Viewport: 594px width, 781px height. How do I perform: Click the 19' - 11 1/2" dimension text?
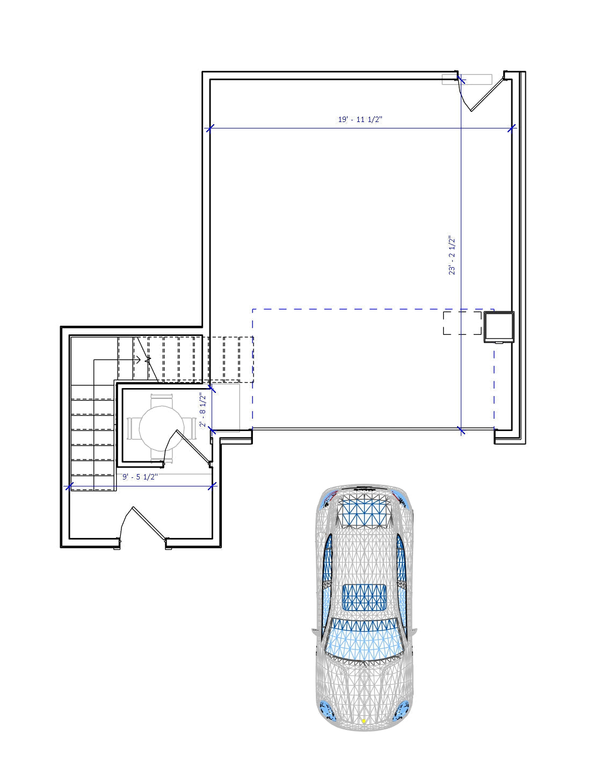coord(359,119)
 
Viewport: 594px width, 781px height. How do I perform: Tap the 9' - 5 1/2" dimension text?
coord(140,477)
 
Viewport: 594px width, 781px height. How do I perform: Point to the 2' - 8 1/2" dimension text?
coord(203,410)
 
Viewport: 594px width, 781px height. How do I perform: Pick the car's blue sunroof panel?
coord(365,597)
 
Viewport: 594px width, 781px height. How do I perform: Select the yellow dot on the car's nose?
coord(364,721)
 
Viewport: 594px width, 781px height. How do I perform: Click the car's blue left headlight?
coord(327,711)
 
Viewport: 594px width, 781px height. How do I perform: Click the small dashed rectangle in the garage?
coord(462,323)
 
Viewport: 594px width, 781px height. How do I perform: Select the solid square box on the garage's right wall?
coord(499,326)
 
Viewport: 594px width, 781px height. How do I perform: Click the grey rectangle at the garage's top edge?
coord(467,80)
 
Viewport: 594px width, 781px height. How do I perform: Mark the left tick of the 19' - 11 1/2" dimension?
coord(210,128)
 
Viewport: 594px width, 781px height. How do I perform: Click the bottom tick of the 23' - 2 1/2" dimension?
coord(461,430)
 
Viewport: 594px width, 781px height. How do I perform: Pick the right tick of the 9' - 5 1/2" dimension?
coord(212,486)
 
